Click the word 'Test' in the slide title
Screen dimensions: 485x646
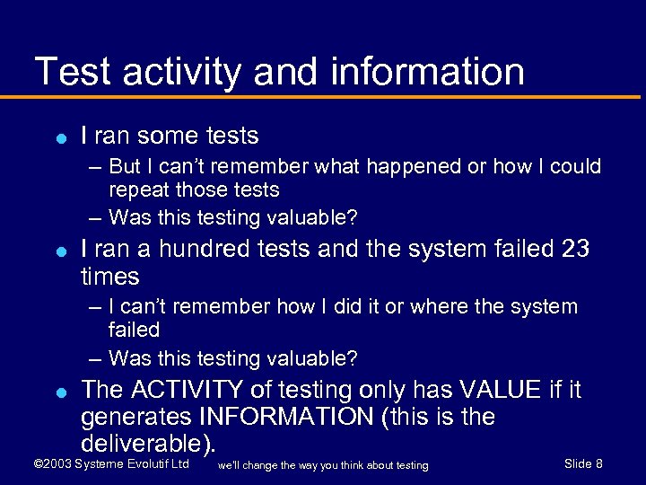(x=71, y=72)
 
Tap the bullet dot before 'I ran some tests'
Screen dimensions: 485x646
(x=58, y=137)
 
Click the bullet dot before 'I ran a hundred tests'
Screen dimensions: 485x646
(x=58, y=251)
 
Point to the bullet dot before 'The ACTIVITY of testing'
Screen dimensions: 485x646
(x=58, y=392)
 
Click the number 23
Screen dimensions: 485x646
(x=574, y=249)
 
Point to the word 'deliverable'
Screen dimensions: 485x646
(x=144, y=444)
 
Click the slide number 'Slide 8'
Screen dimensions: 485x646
(x=583, y=463)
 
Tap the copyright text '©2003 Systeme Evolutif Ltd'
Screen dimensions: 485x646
(x=111, y=463)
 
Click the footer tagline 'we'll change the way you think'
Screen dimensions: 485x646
(x=323, y=464)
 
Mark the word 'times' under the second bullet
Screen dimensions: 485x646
(x=109, y=276)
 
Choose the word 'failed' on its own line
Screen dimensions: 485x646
(x=134, y=330)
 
